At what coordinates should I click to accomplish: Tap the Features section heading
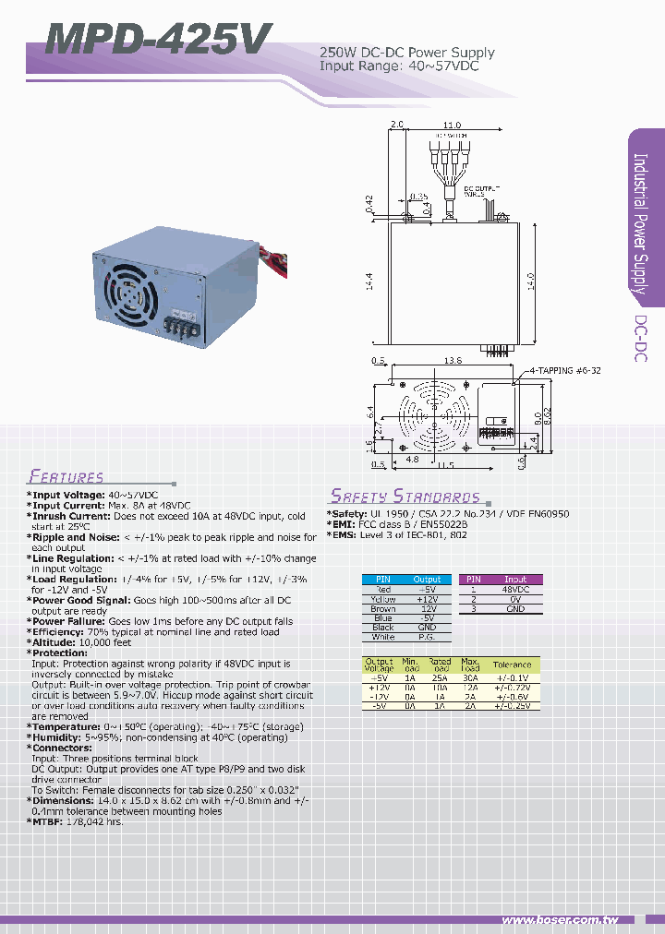66,477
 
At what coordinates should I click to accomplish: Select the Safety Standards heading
405,496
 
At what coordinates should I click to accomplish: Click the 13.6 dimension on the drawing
453,361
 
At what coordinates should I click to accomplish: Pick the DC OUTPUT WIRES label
482,191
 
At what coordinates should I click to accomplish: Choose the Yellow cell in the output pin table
382,599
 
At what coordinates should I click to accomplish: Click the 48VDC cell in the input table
515,589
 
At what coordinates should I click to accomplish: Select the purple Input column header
515,579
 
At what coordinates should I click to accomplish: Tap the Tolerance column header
512,665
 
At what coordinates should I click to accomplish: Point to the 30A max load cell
470,677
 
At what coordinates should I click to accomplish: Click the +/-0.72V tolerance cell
512,688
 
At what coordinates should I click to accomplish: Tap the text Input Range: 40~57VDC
399,66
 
